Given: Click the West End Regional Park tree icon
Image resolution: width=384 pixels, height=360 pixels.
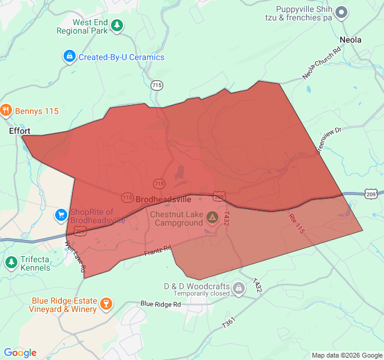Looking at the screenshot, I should click(118, 25).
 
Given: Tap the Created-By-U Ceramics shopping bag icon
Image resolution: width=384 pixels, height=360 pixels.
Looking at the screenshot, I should click(69, 57).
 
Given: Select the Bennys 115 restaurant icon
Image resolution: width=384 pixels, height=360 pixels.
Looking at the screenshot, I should click(7, 110).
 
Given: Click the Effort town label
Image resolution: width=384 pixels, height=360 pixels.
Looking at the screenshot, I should click(20, 130).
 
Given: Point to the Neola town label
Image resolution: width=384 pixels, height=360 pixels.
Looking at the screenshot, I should click(350, 40).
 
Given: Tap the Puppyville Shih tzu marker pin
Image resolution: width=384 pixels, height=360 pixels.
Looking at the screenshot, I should click(341, 11).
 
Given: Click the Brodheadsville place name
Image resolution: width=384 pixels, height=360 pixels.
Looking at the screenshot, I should click(163, 199).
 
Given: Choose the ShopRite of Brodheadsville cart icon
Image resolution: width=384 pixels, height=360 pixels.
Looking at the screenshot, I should click(61, 215).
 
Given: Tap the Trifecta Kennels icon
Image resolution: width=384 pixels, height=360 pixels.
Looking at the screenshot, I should click(11, 262).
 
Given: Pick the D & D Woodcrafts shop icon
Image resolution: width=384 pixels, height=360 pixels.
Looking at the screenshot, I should click(239, 289).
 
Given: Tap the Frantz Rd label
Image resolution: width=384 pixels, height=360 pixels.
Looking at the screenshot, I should click(158, 250).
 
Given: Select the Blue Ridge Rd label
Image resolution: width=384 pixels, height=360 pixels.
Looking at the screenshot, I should click(161, 304).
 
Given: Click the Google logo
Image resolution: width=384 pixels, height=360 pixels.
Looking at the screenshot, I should click(20, 353).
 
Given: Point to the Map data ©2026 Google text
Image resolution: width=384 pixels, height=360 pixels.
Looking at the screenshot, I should click(347, 355).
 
